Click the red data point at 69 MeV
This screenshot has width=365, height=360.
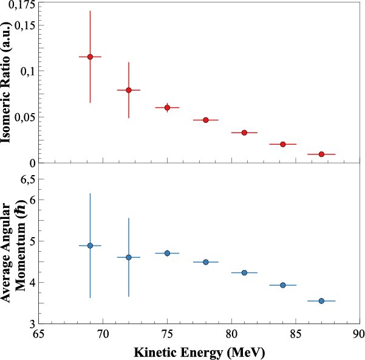[x=90, y=57]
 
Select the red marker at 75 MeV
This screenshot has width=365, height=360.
[x=167, y=107]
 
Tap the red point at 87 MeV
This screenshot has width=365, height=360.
[x=321, y=154]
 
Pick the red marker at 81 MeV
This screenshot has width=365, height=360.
[x=244, y=133]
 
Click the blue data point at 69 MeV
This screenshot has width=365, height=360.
[x=90, y=246]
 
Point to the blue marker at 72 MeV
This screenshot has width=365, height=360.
[x=128, y=257]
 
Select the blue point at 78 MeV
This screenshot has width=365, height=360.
[x=205, y=262]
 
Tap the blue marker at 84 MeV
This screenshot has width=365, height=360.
[x=282, y=285]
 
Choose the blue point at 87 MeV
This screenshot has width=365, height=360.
[x=321, y=301]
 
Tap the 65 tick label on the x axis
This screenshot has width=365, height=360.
[x=39, y=334]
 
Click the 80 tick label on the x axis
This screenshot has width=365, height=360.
[x=231, y=334]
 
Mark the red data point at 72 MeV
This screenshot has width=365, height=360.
[x=128, y=90]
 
